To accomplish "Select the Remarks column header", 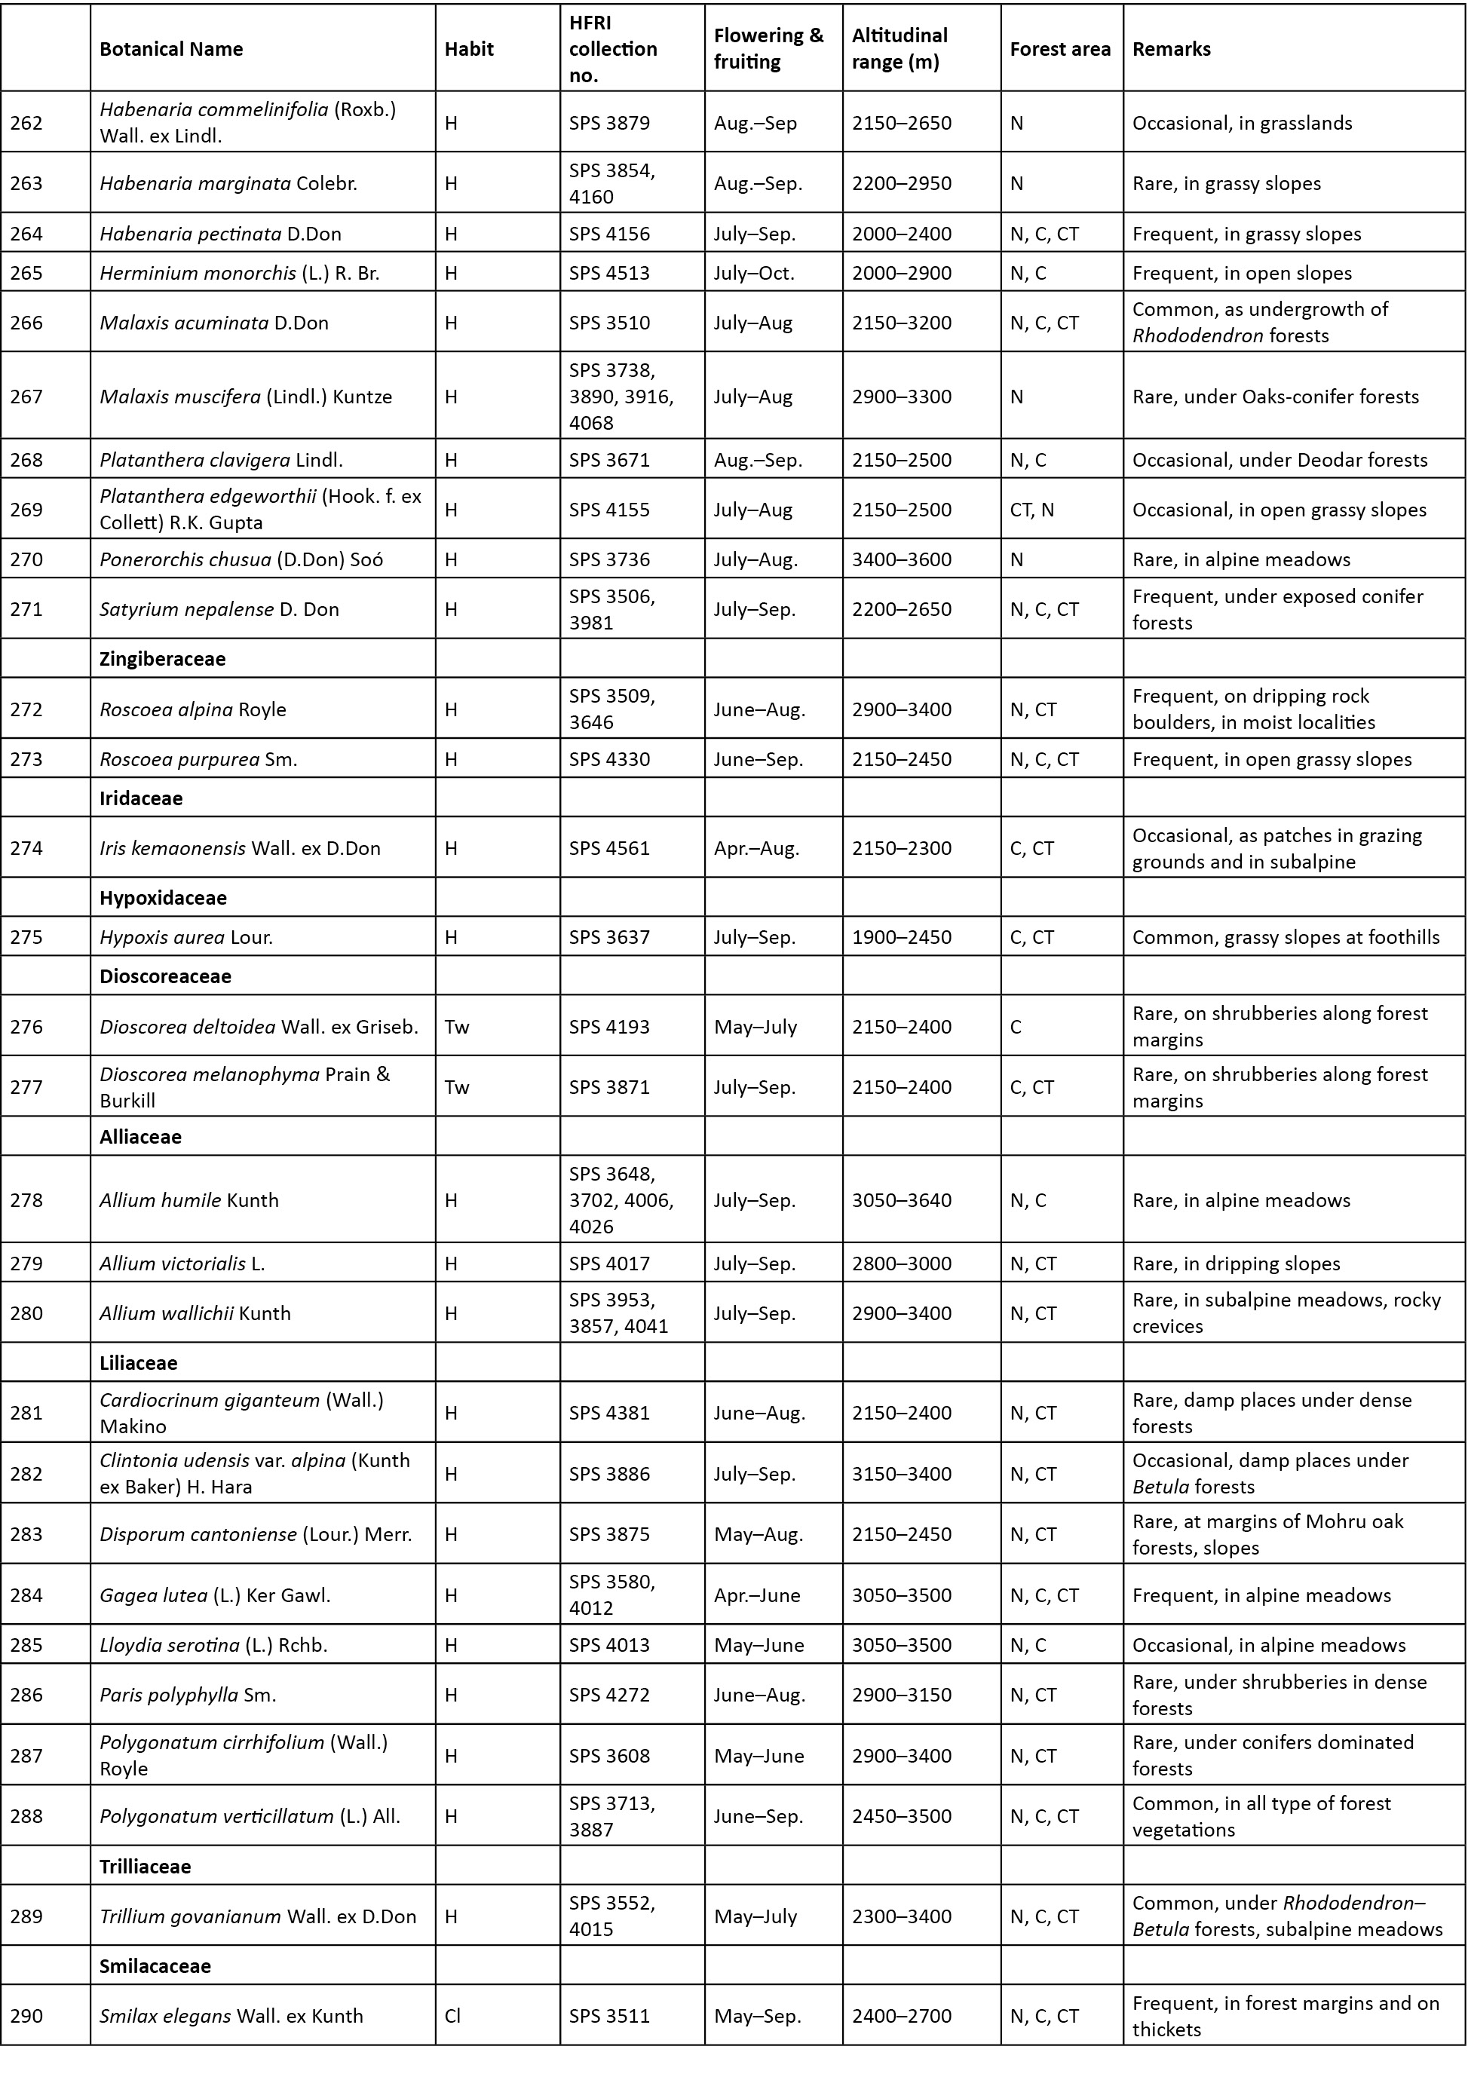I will (x=1171, y=49).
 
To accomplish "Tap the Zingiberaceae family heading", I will (x=162, y=659).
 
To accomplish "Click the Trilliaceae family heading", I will (x=145, y=1866).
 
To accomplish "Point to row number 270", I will (x=26, y=559).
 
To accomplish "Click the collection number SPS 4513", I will (x=609, y=273).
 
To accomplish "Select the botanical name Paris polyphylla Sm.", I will (x=188, y=1694).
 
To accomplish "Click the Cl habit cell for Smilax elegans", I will (x=452, y=2016).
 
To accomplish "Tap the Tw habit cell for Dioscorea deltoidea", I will (x=457, y=1026).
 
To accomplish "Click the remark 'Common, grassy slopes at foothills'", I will (x=1285, y=937).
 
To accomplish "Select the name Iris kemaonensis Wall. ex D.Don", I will (x=239, y=848).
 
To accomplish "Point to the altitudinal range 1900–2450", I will (x=902, y=937).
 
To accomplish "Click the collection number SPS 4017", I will (x=609, y=1263).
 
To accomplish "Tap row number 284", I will (x=26, y=1595).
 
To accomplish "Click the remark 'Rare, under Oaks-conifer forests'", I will (x=1275, y=396).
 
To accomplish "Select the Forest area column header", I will (x=1059, y=49).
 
